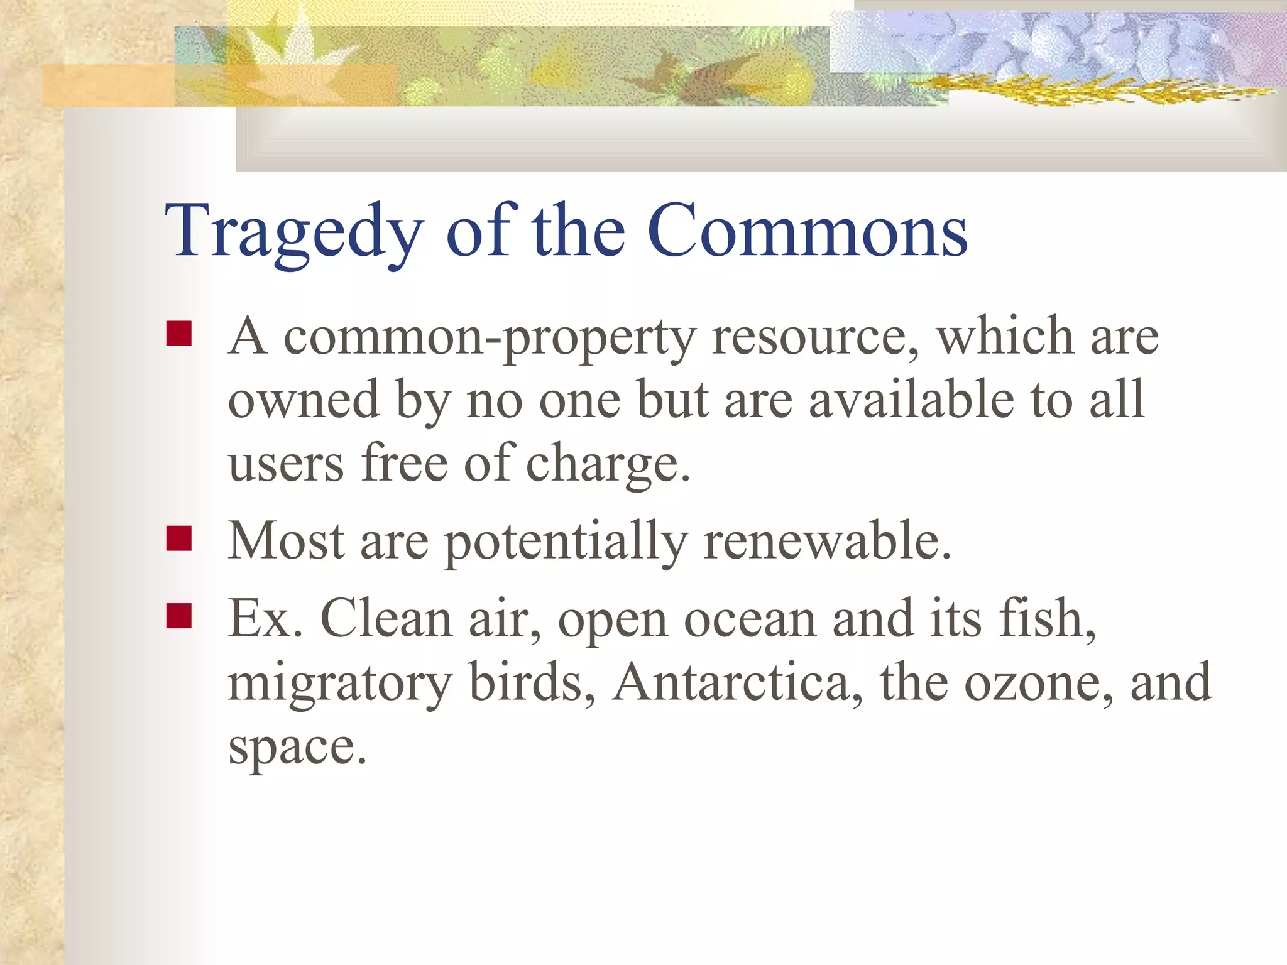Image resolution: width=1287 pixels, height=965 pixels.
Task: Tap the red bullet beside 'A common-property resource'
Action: pyautogui.click(x=179, y=334)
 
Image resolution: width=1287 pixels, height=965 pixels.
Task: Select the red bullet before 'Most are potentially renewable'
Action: pyautogui.click(x=179, y=538)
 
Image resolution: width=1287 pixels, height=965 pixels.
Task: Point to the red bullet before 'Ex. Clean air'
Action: pyautogui.click(x=179, y=616)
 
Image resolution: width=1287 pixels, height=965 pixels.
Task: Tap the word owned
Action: pyautogui.click(x=304, y=400)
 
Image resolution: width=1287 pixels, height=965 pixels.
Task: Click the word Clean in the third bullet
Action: pyautogui.click(x=386, y=619)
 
